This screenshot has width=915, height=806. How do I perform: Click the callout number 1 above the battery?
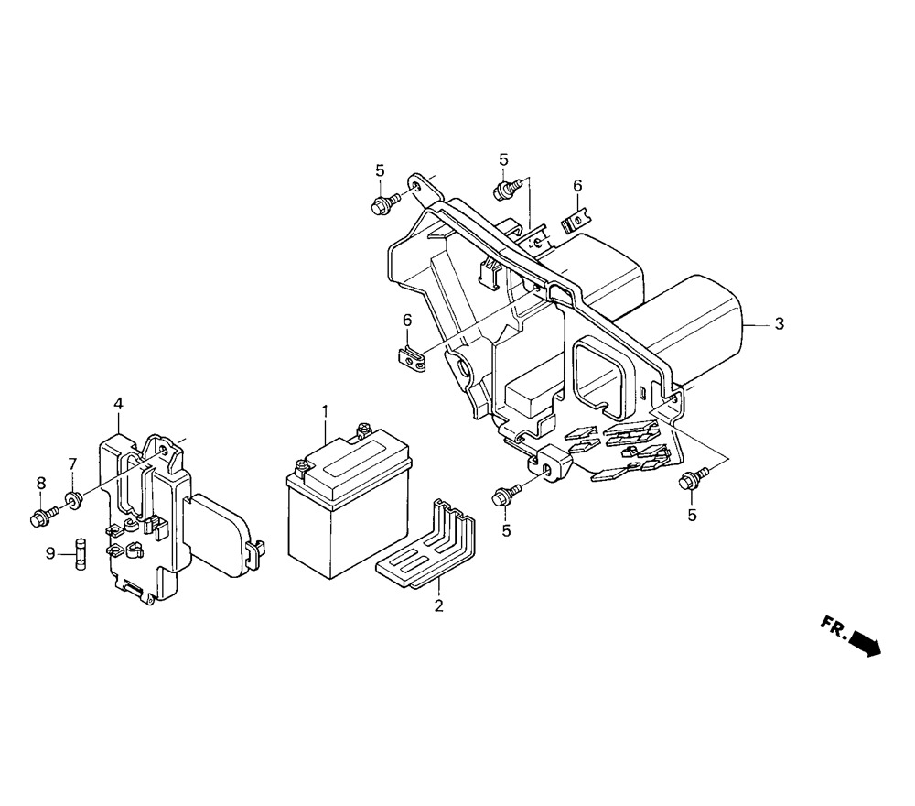tap(325, 411)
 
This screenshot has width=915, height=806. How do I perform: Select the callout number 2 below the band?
tap(439, 605)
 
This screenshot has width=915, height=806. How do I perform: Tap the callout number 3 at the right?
tap(779, 323)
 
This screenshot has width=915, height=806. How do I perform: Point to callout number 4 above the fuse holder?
tap(118, 403)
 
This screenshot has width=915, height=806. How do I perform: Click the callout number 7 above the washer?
tap(72, 464)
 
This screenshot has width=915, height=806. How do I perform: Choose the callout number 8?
tap(40, 483)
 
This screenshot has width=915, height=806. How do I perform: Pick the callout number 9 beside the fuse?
tap(50, 552)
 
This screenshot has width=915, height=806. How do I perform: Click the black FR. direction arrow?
tap(866, 643)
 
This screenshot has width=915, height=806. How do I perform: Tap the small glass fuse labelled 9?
tap(80, 554)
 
